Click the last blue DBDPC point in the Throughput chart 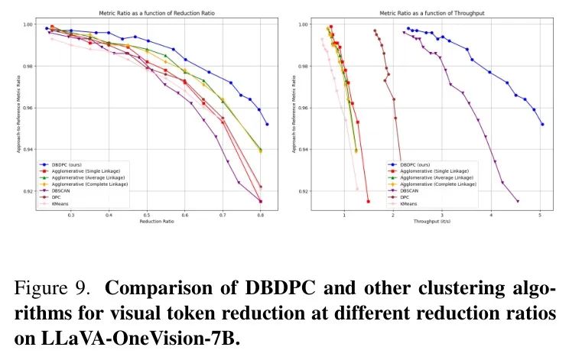[x=542, y=124]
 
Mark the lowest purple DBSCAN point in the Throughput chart [x=518, y=201]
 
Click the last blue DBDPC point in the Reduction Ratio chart [x=267, y=124]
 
